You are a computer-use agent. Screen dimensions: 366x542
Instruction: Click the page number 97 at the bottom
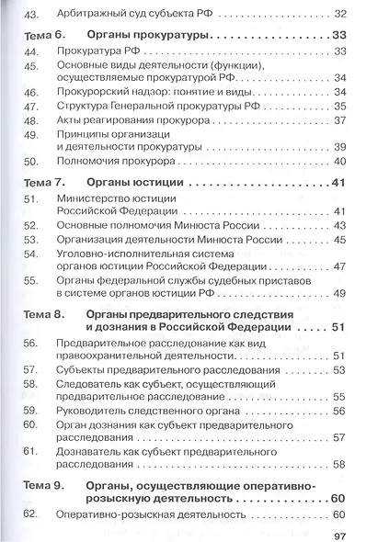(x=337, y=535)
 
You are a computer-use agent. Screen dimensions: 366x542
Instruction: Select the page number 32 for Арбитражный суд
(x=340, y=14)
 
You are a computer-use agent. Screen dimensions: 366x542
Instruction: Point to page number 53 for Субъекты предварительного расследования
(x=339, y=369)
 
